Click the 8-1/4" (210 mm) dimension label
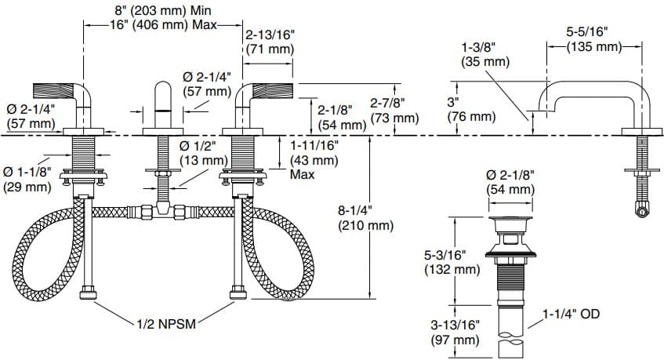[x=365, y=218]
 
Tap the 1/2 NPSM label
[x=165, y=322]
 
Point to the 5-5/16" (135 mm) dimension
[x=593, y=38]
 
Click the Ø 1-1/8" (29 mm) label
[x=27, y=180]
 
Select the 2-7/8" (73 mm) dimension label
[x=394, y=111]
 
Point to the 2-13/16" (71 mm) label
[x=270, y=42]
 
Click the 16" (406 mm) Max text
[x=163, y=24]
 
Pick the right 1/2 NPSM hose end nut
[x=238, y=296]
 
